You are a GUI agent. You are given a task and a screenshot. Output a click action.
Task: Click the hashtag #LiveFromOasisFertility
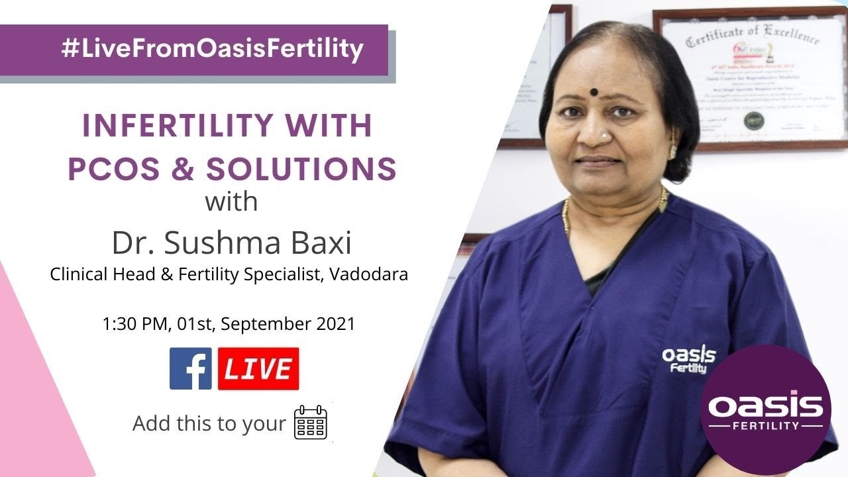click(x=212, y=50)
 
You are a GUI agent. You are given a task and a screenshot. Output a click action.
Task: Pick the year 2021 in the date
click(x=334, y=325)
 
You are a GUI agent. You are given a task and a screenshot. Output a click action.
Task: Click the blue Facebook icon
click(x=191, y=368)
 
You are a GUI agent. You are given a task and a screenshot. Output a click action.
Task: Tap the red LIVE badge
click(x=258, y=368)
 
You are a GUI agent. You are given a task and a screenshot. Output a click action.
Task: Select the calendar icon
click(x=311, y=423)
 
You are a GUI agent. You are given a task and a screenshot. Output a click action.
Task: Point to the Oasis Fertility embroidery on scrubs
click(x=688, y=358)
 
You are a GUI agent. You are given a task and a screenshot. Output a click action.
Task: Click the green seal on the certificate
click(x=753, y=121)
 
